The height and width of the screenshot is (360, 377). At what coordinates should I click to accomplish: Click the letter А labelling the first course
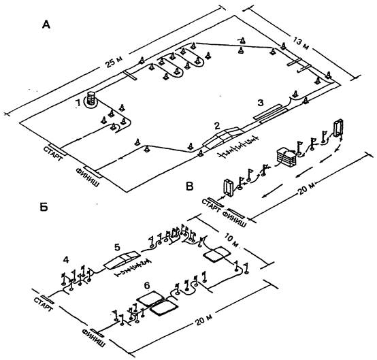46,24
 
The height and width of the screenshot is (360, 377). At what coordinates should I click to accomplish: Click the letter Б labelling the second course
44,208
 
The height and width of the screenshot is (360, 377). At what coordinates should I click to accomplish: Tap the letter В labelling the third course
190,186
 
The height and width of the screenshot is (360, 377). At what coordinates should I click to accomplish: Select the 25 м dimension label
114,62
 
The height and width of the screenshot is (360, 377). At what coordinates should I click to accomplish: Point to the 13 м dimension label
301,43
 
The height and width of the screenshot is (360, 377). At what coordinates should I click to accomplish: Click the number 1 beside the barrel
78,103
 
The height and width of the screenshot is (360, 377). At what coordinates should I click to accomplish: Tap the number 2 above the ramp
217,125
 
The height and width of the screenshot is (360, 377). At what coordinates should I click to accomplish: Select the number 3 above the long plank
261,103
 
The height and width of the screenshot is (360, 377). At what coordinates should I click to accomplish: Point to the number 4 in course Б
66,260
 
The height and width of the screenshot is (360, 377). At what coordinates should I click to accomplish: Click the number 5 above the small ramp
117,247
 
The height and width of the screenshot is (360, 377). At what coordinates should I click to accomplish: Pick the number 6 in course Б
147,285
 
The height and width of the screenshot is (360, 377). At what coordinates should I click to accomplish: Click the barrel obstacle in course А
91,99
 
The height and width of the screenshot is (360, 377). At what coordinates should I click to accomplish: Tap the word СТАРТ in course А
53,154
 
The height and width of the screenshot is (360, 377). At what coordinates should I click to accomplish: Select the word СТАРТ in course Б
43,304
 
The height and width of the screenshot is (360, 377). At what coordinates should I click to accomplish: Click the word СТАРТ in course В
211,206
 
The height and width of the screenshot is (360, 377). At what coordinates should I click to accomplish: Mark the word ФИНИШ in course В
234,219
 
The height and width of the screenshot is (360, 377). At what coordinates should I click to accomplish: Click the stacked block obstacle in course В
287,157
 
